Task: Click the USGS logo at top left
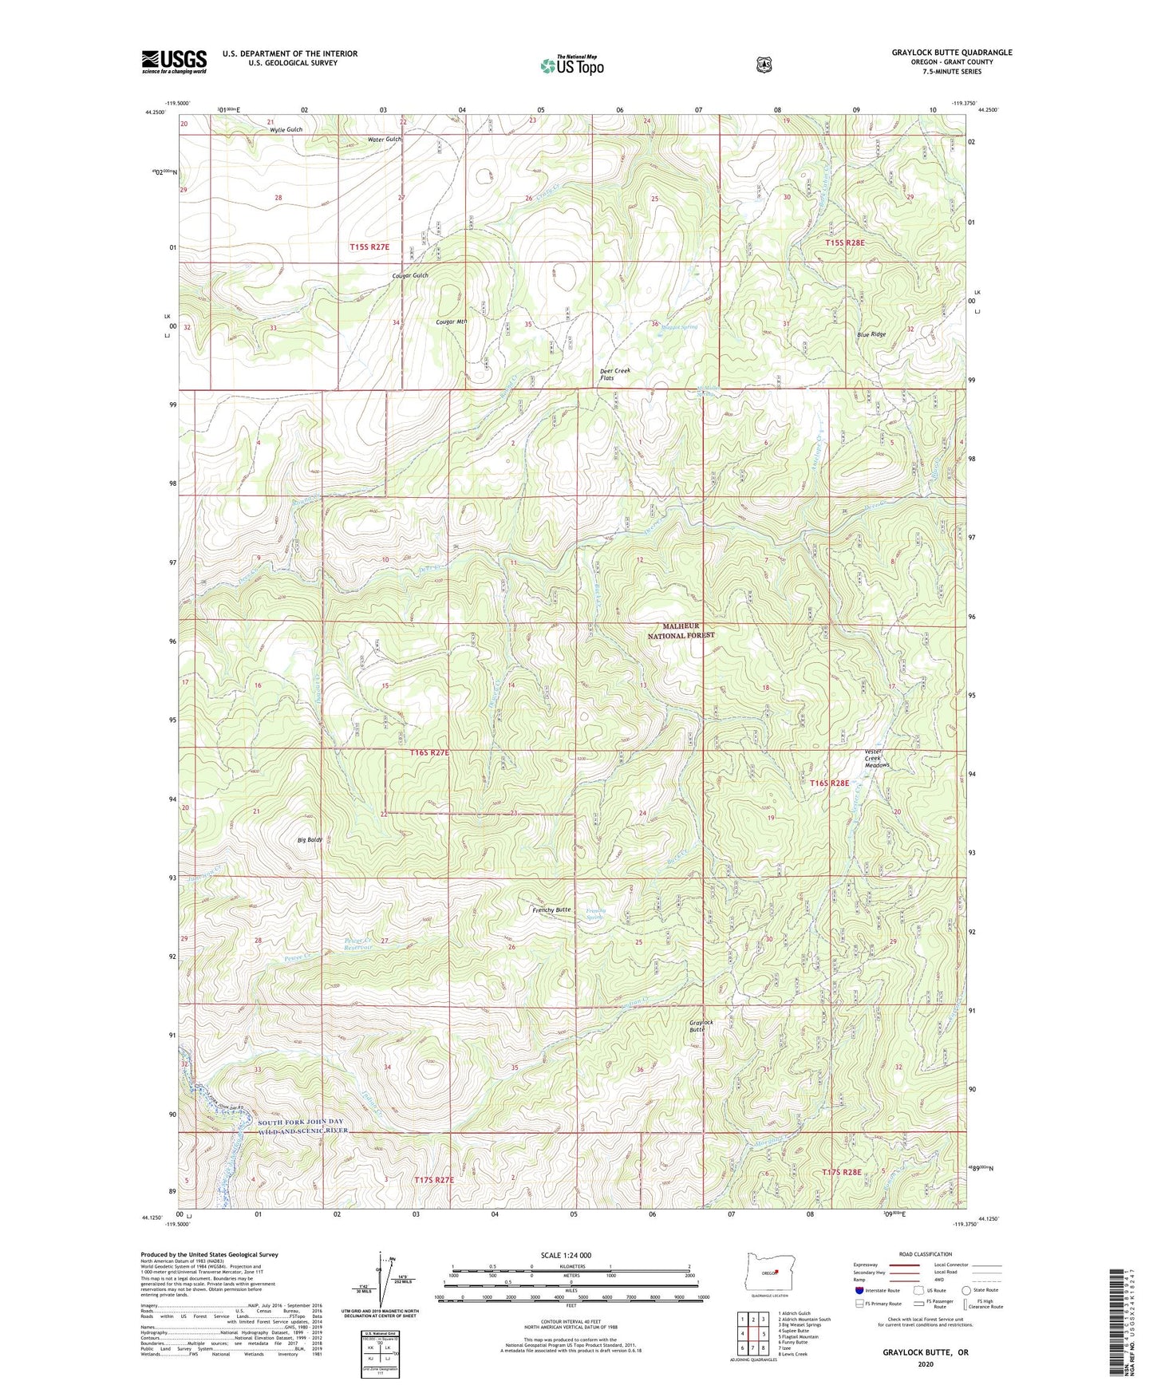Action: (174, 61)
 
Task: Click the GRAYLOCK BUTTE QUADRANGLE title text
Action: (952, 53)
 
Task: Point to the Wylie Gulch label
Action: (286, 129)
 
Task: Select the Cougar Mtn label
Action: (451, 322)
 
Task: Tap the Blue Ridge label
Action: (871, 334)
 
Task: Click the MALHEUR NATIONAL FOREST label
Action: (688, 630)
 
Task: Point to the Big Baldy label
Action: (310, 840)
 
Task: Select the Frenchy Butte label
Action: (551, 910)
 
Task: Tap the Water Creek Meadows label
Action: (878, 758)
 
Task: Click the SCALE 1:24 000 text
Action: (566, 1255)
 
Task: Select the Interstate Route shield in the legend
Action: (859, 1289)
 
